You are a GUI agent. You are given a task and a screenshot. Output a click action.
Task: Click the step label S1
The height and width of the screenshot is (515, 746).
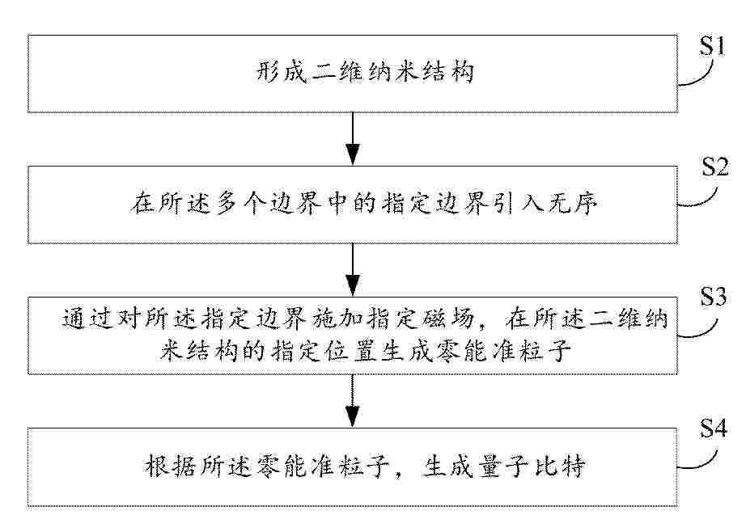[712, 47]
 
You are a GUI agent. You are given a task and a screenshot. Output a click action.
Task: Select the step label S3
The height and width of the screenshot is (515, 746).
[713, 298]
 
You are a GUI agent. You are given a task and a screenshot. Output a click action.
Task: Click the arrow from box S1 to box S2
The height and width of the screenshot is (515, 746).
[353, 138]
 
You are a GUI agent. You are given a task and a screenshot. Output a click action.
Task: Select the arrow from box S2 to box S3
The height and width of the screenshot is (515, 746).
[353, 269]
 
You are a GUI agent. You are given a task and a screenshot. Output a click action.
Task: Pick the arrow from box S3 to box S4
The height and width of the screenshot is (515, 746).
[353, 400]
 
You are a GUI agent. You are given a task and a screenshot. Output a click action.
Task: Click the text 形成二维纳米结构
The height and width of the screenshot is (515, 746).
[364, 73]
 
